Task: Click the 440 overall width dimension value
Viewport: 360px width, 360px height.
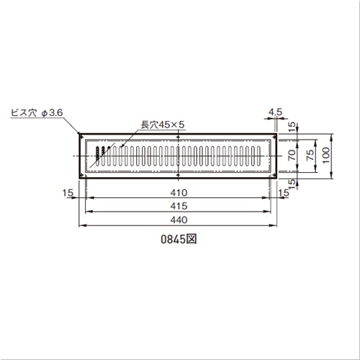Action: tap(179, 220)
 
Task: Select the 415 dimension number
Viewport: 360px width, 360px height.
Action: tap(179, 206)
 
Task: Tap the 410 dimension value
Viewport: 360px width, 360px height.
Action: tap(179, 193)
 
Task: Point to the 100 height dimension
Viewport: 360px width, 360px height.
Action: tap(326, 156)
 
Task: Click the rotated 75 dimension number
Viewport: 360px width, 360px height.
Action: tap(310, 155)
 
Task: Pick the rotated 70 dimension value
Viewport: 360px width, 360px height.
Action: tap(292, 155)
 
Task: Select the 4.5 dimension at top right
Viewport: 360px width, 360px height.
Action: tap(275, 112)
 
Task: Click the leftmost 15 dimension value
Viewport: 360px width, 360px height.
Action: tap(68, 193)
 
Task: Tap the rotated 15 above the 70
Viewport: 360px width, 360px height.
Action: tap(292, 127)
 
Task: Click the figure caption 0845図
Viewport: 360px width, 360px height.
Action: tap(179, 239)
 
